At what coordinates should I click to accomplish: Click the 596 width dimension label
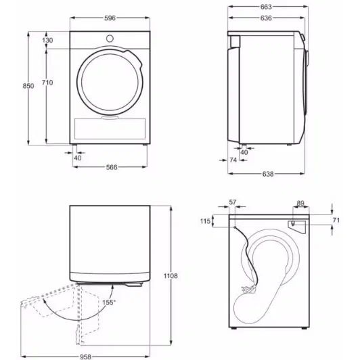110,18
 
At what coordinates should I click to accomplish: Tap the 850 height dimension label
28,86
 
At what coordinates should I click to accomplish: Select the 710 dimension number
47,82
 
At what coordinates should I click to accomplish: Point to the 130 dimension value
47,40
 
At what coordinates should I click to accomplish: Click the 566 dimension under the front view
112,167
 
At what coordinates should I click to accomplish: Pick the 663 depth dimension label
266,7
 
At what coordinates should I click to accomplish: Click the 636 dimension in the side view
266,18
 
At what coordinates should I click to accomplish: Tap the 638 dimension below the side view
268,174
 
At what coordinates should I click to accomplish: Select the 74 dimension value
233,160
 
